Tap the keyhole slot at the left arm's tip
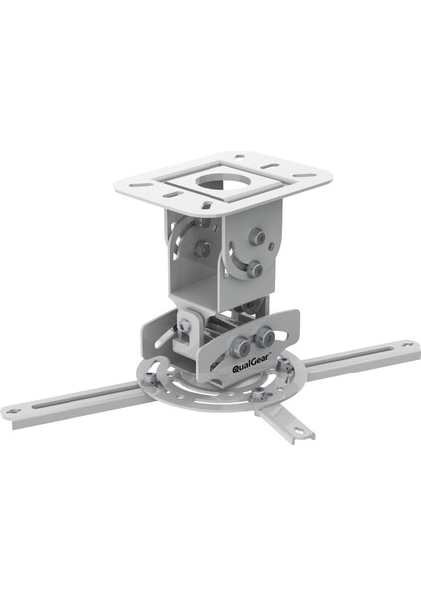(x=14, y=411)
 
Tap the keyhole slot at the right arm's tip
(x=407, y=344)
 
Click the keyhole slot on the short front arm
(x=301, y=431)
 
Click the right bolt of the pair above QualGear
(x=264, y=336)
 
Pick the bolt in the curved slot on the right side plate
(x=255, y=268)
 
